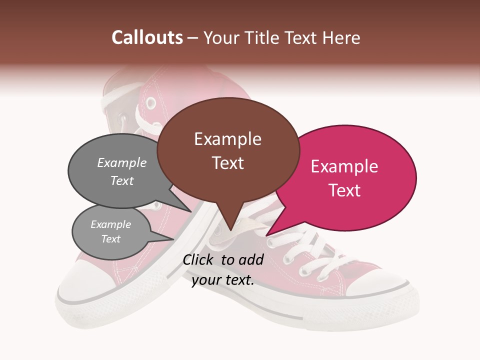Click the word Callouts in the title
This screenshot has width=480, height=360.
point(147,37)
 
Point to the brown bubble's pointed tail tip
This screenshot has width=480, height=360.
point(230,230)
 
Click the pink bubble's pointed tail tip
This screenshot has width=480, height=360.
point(266,235)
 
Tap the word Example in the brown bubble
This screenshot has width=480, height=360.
point(228,139)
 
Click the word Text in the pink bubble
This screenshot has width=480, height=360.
point(344,190)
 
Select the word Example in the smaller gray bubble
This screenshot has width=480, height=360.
point(110,224)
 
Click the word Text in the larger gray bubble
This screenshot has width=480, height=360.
point(122,180)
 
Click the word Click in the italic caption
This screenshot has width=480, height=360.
point(198,259)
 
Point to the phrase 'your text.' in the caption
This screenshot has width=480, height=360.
point(223,280)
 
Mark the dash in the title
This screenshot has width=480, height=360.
point(193,38)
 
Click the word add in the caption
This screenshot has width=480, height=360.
point(251,259)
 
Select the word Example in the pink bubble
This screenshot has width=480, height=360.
point(344,166)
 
